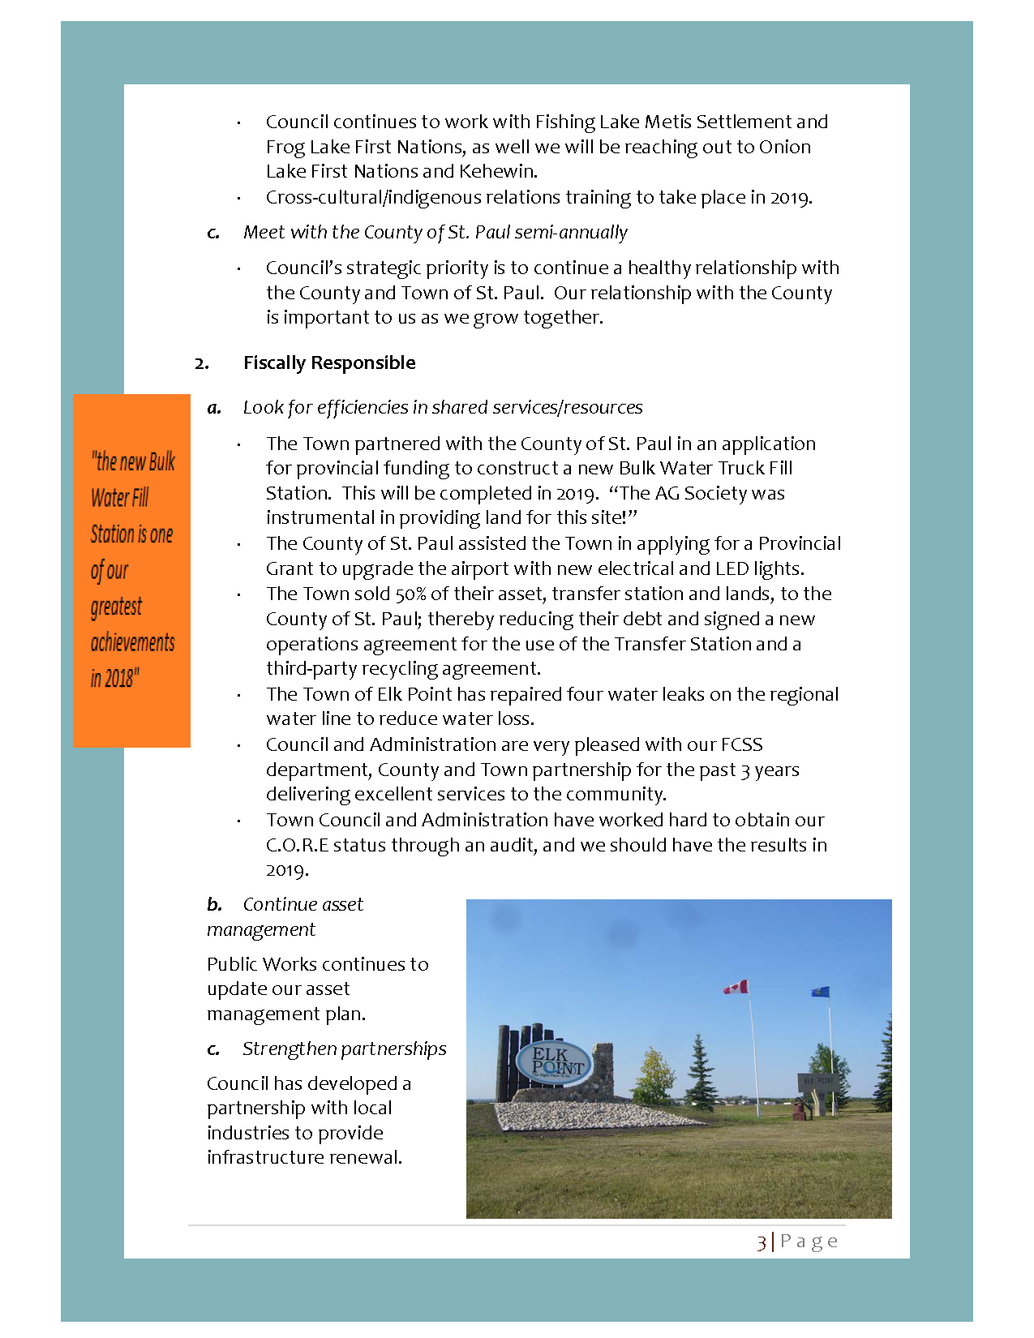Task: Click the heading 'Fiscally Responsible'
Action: [x=329, y=362]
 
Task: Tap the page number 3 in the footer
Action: [x=762, y=1242]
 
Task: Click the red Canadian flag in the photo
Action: [x=736, y=987]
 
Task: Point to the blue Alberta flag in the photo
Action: [x=821, y=992]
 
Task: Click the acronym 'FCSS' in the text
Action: [x=741, y=744]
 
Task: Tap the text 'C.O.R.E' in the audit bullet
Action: [x=297, y=845]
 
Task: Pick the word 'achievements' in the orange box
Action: [x=132, y=642]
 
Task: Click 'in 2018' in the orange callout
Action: [x=114, y=678]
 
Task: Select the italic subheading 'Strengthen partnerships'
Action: [x=344, y=1049]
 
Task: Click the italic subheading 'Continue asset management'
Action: [x=285, y=916]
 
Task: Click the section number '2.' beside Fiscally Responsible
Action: [x=201, y=363]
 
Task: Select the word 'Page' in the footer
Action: [x=809, y=1242]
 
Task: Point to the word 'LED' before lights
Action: [x=732, y=568]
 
